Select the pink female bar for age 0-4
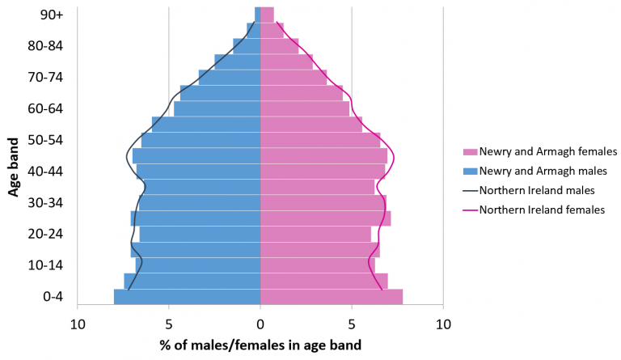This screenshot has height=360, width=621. [332, 297]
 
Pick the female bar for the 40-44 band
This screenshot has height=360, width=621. [323, 172]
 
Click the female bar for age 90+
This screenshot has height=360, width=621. [267, 15]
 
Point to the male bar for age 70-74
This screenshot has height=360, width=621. [230, 78]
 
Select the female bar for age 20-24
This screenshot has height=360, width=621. [315, 234]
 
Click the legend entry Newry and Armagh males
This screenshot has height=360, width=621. [542, 171]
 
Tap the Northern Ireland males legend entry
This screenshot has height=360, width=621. [537, 190]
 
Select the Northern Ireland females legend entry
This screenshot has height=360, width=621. [542, 210]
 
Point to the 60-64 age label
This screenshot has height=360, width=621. [46, 108]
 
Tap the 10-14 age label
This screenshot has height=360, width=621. [46, 265]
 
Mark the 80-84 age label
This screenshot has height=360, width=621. [46, 46]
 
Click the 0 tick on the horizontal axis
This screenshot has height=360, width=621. [260, 324]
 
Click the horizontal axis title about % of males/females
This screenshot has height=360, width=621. [260, 345]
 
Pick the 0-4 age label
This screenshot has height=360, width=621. [52, 297]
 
